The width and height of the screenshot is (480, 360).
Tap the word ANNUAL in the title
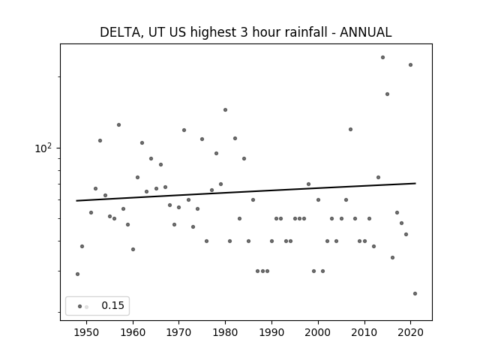(x=365, y=32)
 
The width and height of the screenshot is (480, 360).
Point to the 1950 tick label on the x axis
(x=87, y=332)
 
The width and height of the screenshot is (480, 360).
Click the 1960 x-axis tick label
(x=133, y=332)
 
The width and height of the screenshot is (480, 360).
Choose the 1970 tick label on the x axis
(x=179, y=332)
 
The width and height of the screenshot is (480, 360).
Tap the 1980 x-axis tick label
(x=225, y=332)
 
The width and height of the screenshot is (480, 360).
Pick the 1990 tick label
(x=271, y=332)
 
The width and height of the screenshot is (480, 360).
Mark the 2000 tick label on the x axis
(x=318, y=332)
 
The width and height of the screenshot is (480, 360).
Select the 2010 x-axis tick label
(x=364, y=332)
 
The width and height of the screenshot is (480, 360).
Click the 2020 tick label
(x=410, y=332)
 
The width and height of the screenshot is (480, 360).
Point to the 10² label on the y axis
(x=43, y=148)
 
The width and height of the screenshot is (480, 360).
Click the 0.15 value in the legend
(x=113, y=305)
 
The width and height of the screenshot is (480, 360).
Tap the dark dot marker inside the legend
(x=80, y=307)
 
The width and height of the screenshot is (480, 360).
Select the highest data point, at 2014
(x=382, y=57)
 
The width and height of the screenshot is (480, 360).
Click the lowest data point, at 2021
(x=415, y=293)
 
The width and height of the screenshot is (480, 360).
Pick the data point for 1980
(x=225, y=110)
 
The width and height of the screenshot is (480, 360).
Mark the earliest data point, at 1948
(x=77, y=274)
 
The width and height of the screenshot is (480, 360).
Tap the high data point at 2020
(x=410, y=65)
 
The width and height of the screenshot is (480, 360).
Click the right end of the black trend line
(x=415, y=183)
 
